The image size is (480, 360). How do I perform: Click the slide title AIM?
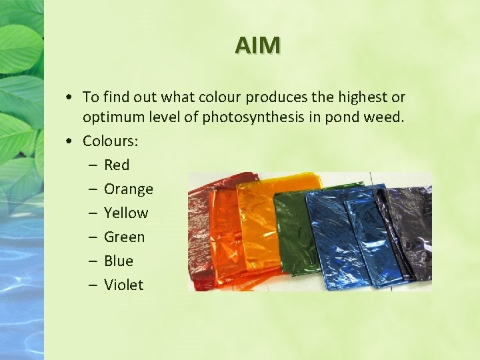(257, 45)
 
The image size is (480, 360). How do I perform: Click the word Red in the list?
(117, 165)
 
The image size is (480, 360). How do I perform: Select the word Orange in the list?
(129, 189)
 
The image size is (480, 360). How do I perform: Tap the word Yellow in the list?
(126, 213)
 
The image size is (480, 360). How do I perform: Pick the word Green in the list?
(124, 237)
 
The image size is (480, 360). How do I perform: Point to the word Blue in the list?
(119, 261)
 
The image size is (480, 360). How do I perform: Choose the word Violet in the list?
(123, 285)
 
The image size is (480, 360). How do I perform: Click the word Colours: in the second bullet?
(109, 141)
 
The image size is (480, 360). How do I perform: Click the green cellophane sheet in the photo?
(291, 230)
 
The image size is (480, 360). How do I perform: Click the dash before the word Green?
(91, 237)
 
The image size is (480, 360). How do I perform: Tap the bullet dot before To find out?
(70, 98)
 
